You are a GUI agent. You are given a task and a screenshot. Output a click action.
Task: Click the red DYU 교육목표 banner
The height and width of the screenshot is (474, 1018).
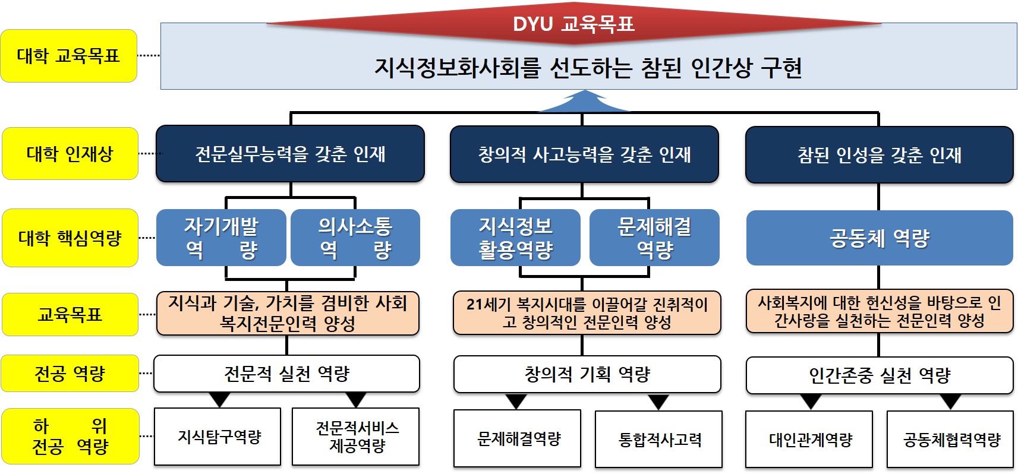click(573, 24)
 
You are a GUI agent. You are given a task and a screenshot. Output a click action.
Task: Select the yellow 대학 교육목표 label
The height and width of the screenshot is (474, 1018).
click(69, 56)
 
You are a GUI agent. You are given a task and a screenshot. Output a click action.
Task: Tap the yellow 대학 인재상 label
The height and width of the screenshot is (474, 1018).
click(70, 154)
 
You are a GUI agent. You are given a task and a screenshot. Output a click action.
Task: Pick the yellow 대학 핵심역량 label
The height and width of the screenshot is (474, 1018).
click(70, 238)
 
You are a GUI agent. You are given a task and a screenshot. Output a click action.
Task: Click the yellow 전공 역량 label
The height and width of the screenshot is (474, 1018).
click(70, 374)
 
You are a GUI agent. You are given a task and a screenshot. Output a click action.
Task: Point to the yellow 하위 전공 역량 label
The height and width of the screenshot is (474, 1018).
click(70, 436)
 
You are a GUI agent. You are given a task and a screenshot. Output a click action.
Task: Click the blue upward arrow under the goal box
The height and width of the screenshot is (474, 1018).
click(584, 102)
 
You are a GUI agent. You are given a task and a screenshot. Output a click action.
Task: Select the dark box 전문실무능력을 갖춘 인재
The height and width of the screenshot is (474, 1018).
click(290, 154)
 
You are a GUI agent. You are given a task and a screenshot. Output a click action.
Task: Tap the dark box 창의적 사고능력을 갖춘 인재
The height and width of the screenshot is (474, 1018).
click(584, 154)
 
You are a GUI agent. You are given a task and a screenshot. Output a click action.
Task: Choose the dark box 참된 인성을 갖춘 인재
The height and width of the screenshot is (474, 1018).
click(879, 155)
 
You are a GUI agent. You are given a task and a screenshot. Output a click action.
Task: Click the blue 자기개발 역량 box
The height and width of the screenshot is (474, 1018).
click(221, 238)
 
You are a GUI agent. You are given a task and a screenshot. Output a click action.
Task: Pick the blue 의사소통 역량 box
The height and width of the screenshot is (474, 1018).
click(355, 238)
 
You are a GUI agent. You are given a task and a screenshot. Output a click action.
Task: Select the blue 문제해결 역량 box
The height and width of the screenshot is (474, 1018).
click(654, 238)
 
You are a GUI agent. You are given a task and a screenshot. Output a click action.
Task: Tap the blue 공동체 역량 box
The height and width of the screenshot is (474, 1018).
click(880, 238)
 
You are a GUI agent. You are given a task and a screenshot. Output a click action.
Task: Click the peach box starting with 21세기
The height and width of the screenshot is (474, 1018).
click(587, 313)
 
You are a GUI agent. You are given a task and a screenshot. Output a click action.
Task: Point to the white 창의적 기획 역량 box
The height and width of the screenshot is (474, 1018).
click(587, 374)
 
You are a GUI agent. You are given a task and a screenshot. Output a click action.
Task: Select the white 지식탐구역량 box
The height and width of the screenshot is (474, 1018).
click(218, 437)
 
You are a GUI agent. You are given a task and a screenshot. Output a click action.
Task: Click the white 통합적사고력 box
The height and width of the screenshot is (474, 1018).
click(659, 440)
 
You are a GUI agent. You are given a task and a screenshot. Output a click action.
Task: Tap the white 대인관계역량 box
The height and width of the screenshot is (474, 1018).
click(809, 440)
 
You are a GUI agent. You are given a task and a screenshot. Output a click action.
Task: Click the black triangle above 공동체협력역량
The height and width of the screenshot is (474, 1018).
click(950, 402)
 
